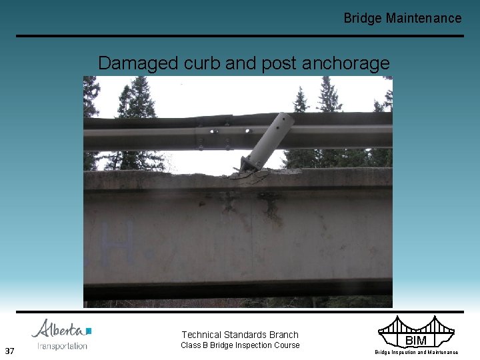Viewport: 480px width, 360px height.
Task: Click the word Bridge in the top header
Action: tap(363, 18)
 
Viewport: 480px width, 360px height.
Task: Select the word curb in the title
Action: tap(201, 63)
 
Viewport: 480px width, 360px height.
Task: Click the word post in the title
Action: tap(277, 63)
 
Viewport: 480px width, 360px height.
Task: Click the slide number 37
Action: tap(9, 351)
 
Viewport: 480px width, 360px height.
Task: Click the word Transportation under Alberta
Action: tap(62, 345)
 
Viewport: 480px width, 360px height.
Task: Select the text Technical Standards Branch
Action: tap(240, 335)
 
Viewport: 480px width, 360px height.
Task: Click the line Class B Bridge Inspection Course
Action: tap(241, 345)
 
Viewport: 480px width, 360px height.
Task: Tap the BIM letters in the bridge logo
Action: tap(416, 341)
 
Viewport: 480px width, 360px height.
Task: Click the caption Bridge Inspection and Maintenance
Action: tap(416, 352)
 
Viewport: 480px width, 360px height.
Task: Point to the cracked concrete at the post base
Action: tap(249, 175)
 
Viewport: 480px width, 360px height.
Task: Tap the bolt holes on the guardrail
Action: tap(214, 133)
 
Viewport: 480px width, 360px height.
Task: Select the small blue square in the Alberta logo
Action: tap(89, 331)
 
